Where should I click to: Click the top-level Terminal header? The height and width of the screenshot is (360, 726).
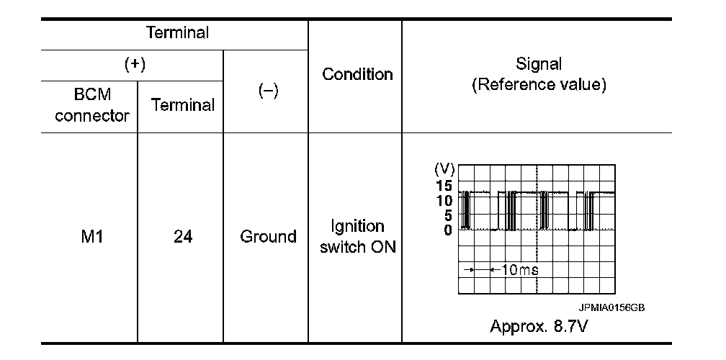[x=177, y=32]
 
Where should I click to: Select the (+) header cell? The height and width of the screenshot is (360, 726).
[x=134, y=65]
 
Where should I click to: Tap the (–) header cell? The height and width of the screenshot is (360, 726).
[x=266, y=91]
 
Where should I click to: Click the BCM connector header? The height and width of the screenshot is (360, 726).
[x=91, y=105]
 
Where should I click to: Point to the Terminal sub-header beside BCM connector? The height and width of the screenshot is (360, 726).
[x=182, y=105]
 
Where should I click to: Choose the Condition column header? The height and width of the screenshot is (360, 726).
[x=357, y=74]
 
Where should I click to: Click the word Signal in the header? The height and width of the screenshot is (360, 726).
[x=539, y=64]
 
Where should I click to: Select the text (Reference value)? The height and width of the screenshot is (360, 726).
[x=539, y=85]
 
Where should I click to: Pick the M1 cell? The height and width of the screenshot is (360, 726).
[x=91, y=236]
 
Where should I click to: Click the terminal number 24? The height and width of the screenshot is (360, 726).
[x=182, y=236]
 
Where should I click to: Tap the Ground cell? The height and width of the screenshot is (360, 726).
[x=268, y=236]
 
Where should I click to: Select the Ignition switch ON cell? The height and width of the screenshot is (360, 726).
[x=357, y=237]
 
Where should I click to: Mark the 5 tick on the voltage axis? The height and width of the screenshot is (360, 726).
[x=447, y=215]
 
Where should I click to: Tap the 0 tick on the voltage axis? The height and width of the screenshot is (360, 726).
[x=447, y=230]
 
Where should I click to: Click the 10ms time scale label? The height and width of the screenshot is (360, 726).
[x=520, y=269]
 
